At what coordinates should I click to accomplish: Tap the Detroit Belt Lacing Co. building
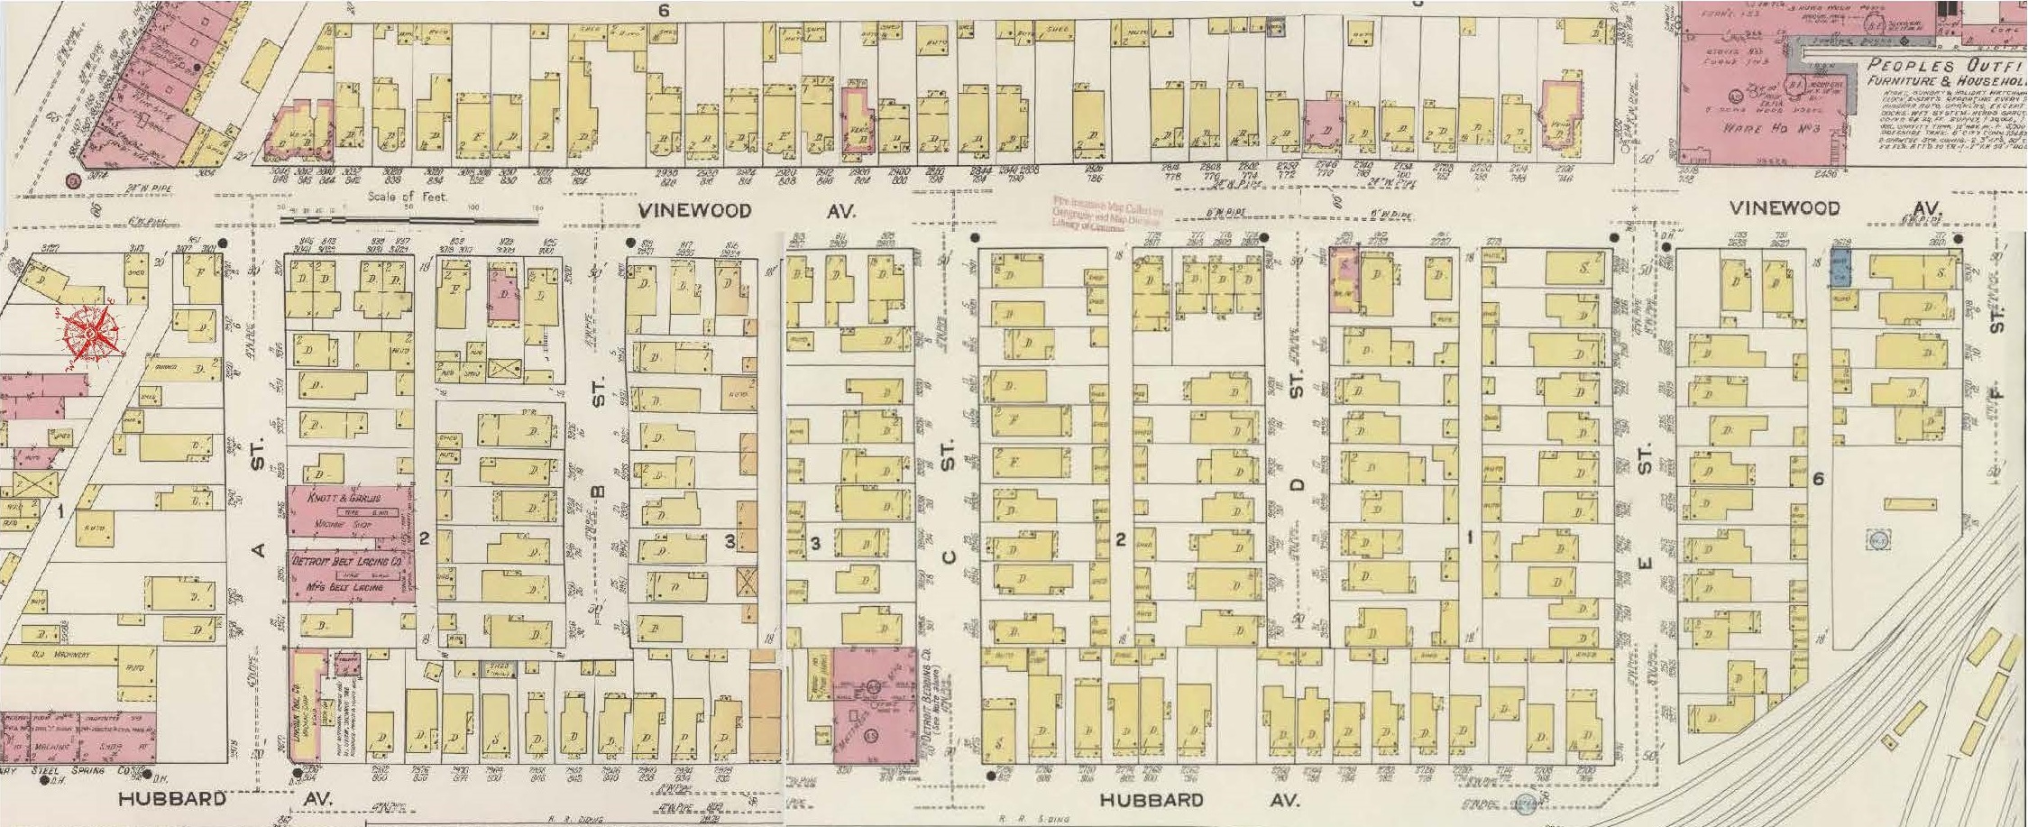click(350, 574)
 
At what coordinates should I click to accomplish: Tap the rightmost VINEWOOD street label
click(1784, 208)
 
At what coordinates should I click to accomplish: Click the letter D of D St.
click(1297, 485)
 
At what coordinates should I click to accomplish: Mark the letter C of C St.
click(947, 556)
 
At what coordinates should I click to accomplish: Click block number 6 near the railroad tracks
click(1819, 479)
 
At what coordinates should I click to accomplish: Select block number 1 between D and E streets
click(1469, 538)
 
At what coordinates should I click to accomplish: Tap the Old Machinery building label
click(50, 654)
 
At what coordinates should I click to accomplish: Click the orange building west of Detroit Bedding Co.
click(765, 719)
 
